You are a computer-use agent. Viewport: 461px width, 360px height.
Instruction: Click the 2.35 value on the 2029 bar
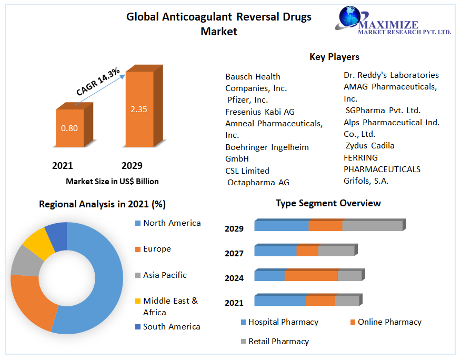pos(139,109)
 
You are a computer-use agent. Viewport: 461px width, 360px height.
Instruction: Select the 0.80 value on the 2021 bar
pos(69,128)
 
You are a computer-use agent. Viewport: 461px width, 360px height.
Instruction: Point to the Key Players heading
pos(334,57)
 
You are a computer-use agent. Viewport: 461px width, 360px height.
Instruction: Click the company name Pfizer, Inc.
pos(247,99)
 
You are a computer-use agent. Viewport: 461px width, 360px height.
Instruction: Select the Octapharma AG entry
pos(258,182)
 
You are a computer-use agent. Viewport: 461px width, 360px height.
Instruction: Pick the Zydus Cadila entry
pos(370,145)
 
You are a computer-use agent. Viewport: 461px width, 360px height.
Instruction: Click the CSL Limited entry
pos(247,171)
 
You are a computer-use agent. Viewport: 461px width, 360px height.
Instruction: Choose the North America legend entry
pos(172,223)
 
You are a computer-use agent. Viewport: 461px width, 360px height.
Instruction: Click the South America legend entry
pos(172,327)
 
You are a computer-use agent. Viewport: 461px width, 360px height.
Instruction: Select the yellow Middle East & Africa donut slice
pos(36,242)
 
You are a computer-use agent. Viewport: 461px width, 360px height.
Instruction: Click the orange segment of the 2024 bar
pos(311,276)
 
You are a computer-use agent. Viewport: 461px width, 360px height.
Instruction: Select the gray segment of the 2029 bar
pos(372,226)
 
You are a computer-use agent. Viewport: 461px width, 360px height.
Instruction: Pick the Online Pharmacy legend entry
pos(389,322)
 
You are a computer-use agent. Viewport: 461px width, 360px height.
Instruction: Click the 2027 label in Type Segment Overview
pos(234,253)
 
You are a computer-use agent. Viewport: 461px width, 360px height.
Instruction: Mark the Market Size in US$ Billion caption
pos(112,182)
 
